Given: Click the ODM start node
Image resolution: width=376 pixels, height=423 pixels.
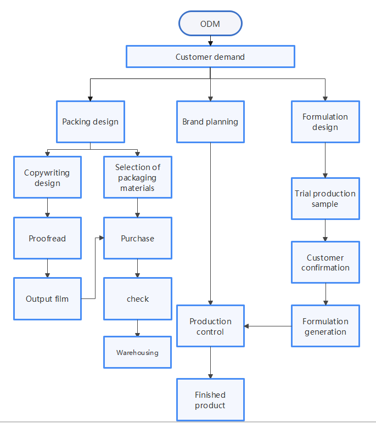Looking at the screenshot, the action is click(x=210, y=24).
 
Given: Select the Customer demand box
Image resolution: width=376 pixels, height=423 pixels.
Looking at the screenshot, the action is click(x=210, y=57).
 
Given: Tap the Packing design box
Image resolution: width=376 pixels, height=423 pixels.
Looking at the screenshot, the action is click(x=91, y=122).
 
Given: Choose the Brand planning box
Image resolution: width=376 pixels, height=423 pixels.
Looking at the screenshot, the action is click(x=210, y=122).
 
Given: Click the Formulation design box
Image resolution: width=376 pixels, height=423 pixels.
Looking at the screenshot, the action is click(x=326, y=122).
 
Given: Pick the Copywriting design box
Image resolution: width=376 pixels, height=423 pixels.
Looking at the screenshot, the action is click(x=47, y=177).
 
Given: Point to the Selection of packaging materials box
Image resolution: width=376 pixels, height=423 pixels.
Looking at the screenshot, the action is click(x=138, y=177).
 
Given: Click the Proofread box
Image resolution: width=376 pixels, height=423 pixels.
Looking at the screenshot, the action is click(x=47, y=238).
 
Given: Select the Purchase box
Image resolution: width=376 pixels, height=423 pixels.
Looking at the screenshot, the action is click(x=138, y=238).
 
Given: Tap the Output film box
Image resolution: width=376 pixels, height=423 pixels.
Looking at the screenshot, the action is click(x=47, y=298).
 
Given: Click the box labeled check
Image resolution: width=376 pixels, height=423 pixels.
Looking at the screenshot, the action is click(x=138, y=298).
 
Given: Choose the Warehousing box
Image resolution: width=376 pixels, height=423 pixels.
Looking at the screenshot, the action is click(x=138, y=352).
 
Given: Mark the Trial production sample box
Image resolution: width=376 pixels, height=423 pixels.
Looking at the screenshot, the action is click(x=326, y=199).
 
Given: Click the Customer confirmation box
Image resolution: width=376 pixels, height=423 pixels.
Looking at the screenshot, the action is click(x=326, y=262).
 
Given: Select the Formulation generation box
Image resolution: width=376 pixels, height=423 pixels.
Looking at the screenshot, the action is click(x=326, y=326).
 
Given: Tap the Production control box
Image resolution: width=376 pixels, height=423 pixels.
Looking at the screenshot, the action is click(x=210, y=326).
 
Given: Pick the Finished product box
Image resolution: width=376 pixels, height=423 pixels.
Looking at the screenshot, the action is click(x=210, y=399).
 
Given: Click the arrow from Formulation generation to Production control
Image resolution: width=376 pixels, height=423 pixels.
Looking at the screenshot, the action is click(x=268, y=326).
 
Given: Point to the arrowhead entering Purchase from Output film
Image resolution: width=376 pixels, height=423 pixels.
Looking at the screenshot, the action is click(x=102, y=238).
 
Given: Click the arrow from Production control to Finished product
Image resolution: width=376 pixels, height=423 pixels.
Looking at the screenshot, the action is click(x=211, y=363).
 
